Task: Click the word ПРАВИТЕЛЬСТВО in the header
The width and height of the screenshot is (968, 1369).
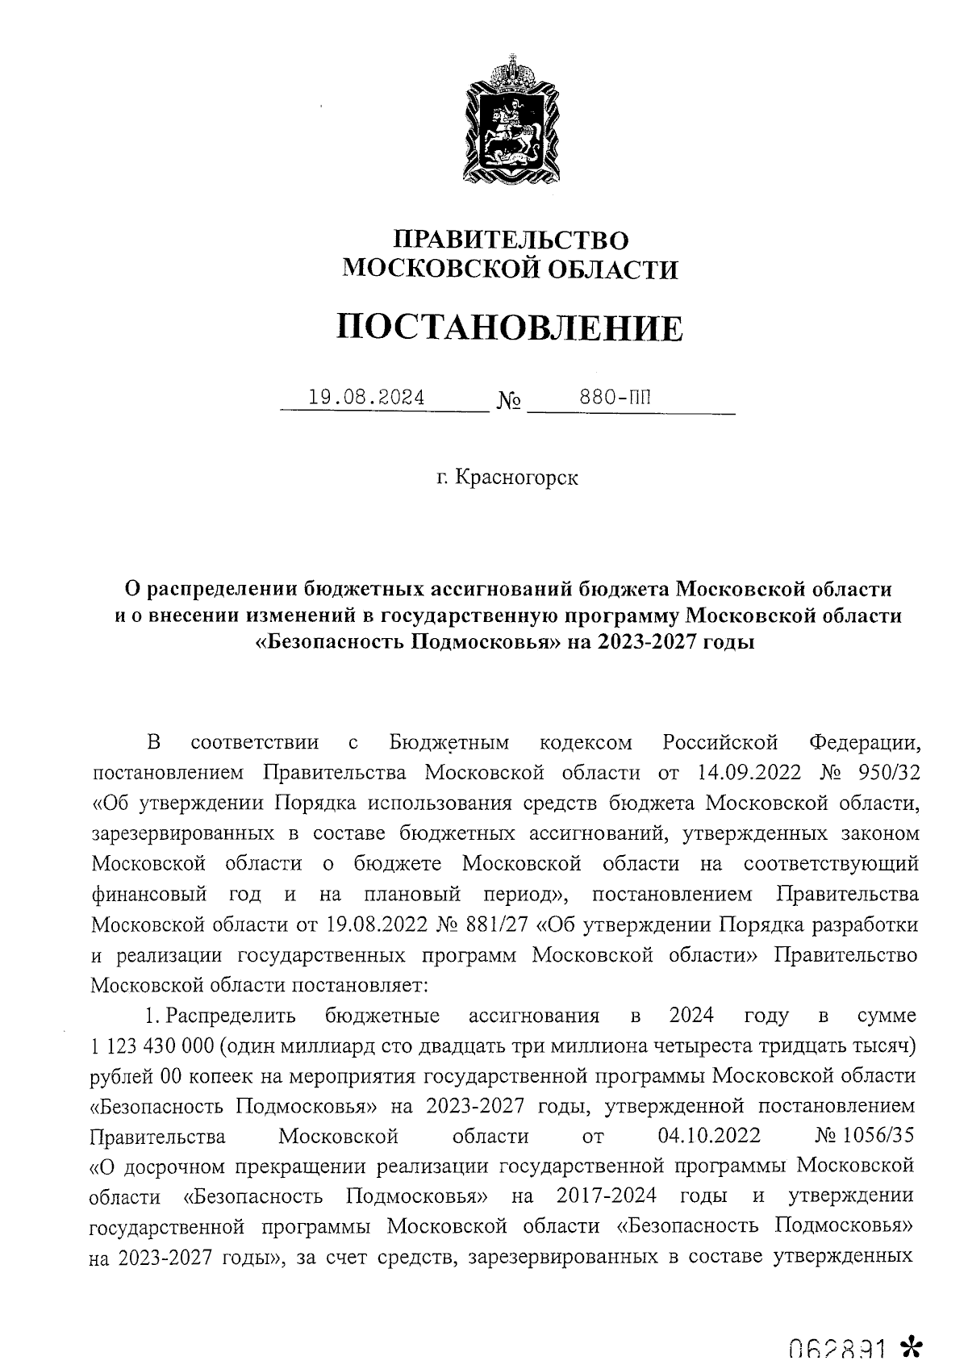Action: click(x=510, y=240)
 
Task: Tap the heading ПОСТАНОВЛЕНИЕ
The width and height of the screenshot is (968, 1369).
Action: click(x=510, y=328)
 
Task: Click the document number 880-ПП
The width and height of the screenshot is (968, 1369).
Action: click(x=615, y=398)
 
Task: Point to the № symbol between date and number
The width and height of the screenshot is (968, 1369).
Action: click(x=509, y=401)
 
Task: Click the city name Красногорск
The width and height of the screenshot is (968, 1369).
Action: click(x=517, y=478)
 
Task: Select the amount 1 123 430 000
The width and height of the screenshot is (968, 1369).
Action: click(x=152, y=1046)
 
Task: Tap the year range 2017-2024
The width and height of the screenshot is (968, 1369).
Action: click(x=606, y=1195)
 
